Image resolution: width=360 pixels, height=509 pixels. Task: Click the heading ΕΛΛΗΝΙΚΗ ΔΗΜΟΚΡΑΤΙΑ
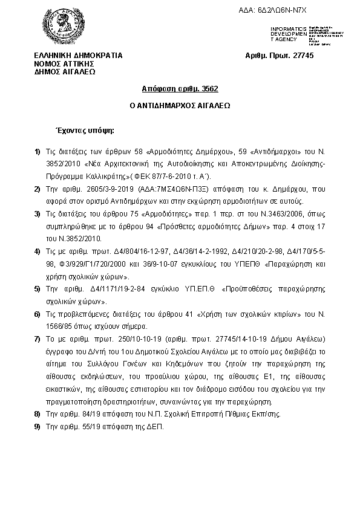[78, 56]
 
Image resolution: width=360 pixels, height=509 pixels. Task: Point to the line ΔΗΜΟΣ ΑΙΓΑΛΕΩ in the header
[65, 70]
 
